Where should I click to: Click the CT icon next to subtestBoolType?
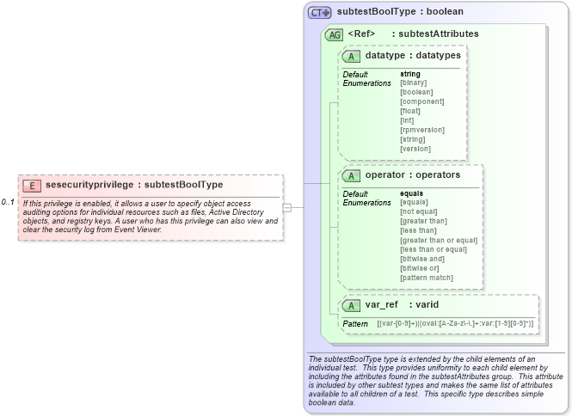click(x=320, y=13)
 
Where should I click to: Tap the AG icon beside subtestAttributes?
click(x=334, y=35)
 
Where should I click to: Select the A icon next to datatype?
click(x=351, y=56)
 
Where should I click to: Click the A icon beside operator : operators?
click(x=351, y=175)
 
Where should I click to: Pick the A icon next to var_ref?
click(x=351, y=305)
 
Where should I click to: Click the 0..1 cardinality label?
click(x=8, y=202)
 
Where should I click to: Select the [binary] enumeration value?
click(x=414, y=83)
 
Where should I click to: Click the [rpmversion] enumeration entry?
click(x=422, y=130)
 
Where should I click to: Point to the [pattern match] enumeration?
click(x=427, y=278)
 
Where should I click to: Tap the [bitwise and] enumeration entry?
click(x=422, y=259)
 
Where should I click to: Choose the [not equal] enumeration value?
click(x=420, y=211)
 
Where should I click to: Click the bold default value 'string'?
click(x=410, y=74)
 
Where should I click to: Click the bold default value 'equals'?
click(x=413, y=193)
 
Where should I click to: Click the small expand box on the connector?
click(x=287, y=207)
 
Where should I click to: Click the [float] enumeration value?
click(x=410, y=111)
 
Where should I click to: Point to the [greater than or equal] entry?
click(x=438, y=240)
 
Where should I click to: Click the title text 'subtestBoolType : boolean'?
click(x=400, y=12)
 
